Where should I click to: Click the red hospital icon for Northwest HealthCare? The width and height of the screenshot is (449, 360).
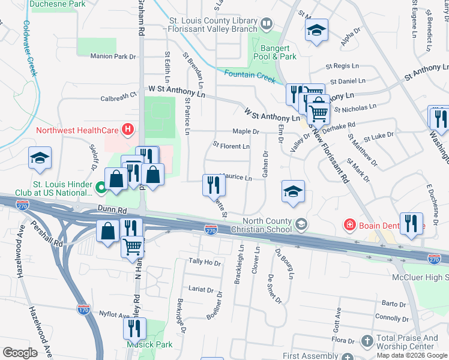point(127,129)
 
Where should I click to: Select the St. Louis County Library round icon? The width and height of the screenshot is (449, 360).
point(267,23)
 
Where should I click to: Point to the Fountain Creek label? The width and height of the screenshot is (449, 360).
point(249,74)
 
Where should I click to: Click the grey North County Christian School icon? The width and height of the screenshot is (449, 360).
point(301,224)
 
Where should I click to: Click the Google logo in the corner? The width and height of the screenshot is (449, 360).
point(20,353)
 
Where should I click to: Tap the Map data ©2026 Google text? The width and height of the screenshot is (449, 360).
point(412,355)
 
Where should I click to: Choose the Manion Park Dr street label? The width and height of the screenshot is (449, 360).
point(113,57)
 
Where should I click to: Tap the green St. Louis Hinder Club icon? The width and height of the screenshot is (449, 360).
point(101,188)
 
